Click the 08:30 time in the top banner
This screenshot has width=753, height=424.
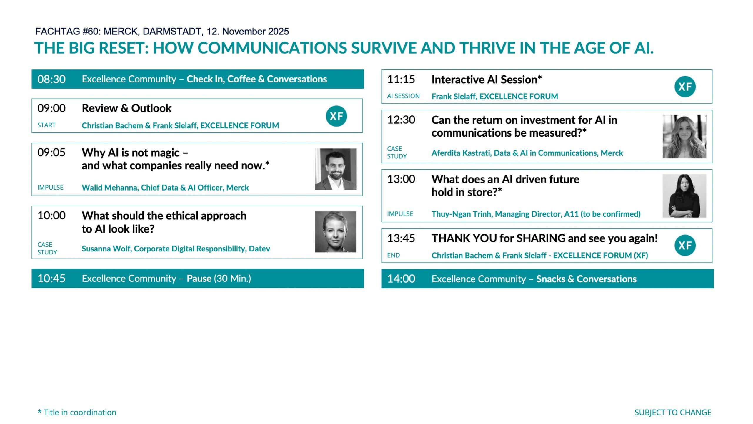(51, 79)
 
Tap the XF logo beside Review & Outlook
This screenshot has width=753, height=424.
(336, 116)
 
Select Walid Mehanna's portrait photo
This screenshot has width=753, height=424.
(336, 169)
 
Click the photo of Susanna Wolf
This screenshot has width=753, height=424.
(336, 232)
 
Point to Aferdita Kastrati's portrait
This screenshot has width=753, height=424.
(684, 136)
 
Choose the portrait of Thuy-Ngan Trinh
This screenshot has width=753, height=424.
(684, 196)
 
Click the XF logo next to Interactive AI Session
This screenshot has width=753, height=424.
(685, 87)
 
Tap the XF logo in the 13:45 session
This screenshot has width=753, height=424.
(685, 245)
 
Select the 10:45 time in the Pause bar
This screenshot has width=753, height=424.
(51, 279)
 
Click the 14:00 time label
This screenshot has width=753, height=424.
(401, 279)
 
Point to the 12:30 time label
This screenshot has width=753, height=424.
(401, 120)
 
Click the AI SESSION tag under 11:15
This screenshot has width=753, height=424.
(403, 96)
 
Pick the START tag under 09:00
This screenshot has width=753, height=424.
(46, 125)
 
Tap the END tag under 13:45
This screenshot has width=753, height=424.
(393, 255)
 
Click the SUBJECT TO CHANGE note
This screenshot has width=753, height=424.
(673, 412)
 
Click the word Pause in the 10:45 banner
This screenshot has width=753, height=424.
(199, 279)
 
